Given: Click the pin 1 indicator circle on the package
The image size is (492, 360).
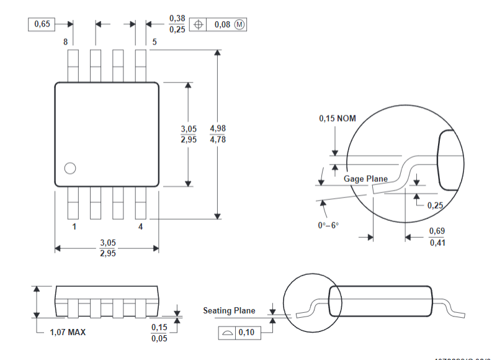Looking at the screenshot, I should point(69,168).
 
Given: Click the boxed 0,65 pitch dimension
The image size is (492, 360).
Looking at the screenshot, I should point(42,24).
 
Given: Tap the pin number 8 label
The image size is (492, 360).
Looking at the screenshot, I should point(65,42).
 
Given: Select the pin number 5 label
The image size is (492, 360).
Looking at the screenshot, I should point(154,42).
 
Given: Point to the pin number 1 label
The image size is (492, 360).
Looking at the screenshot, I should point(74,227).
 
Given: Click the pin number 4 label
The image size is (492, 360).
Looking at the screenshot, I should point(140,227).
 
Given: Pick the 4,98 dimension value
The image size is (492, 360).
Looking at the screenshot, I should point(218,128).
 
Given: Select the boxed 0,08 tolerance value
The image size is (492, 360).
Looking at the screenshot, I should point(221,25).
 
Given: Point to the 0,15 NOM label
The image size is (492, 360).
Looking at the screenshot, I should point(338,118).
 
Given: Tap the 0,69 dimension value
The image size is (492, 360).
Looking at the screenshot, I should point(437,231).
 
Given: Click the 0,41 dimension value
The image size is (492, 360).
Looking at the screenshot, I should point(437,242).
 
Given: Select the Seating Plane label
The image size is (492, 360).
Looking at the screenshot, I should point(229,310).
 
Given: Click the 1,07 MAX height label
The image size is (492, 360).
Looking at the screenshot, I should point(68,332).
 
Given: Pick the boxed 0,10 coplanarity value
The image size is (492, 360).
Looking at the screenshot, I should point(246,333).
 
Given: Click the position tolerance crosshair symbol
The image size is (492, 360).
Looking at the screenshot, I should point(199,25).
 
